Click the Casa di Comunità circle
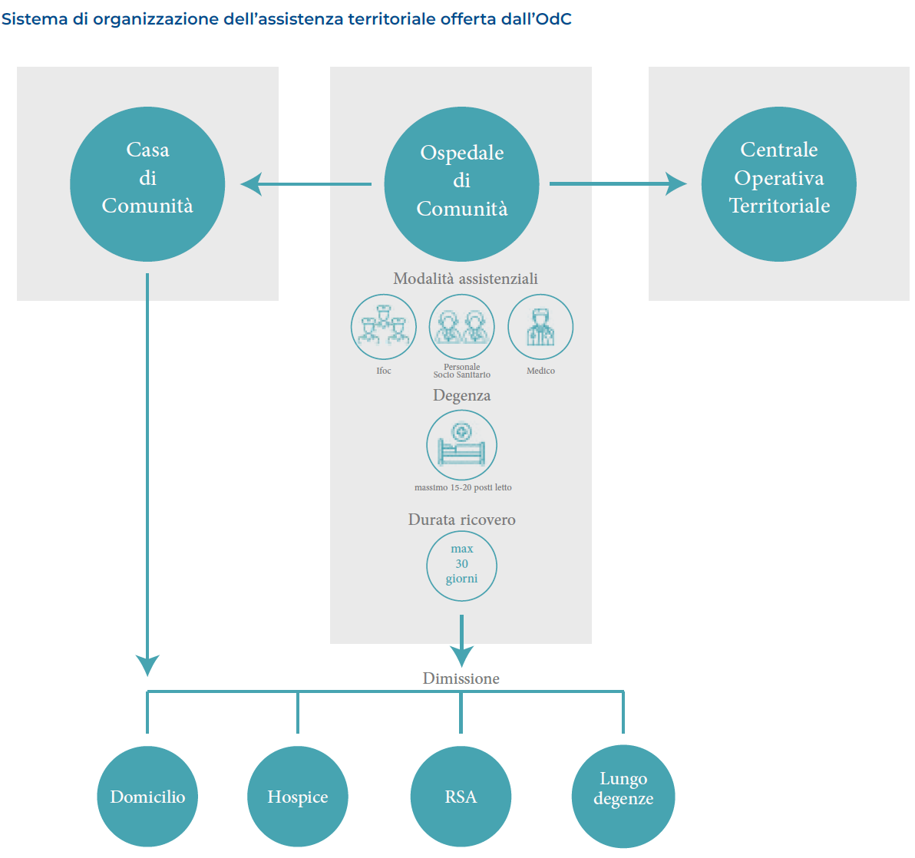147,184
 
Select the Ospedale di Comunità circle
461,184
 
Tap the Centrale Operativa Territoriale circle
779,184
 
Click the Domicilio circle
147,797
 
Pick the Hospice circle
298,797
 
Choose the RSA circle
461,797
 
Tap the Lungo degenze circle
623,797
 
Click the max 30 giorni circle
461,565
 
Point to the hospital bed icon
461,445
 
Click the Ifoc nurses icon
384,327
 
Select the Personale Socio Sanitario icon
461,327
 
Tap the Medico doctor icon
540,327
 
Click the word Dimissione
461,678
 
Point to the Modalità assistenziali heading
465,279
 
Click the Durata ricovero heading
461,520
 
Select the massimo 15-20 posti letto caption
463,487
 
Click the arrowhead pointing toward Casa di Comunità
251,184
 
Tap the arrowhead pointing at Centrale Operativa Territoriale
676,184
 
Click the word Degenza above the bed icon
461,395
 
